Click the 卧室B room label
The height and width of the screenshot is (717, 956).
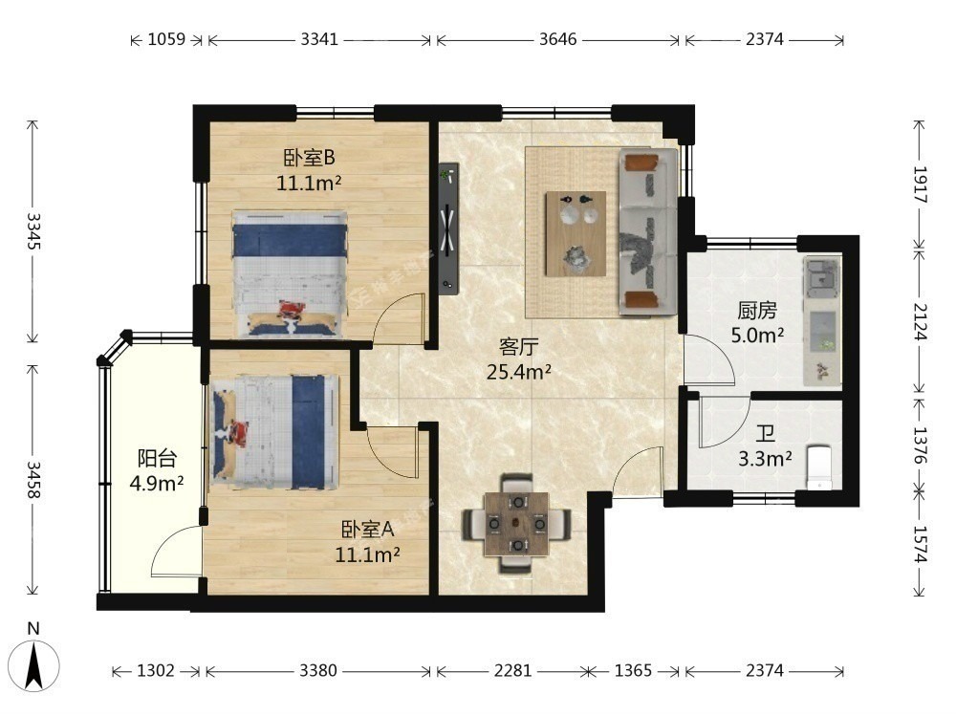309,159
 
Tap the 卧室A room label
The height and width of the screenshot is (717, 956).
367,530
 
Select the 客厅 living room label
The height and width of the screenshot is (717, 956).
518,347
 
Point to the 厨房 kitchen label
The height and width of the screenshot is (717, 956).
757,311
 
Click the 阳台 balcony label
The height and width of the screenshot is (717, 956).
157,457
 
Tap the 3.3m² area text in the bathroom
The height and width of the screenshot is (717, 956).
765,459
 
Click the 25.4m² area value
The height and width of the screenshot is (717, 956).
519,371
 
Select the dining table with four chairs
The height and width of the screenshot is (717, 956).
516,524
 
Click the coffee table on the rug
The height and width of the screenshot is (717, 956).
576,234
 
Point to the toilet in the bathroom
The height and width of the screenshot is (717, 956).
819,468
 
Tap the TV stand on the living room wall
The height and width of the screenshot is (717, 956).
448,228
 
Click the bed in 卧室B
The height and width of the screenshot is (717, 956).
289,273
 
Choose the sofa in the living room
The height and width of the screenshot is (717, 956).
647,231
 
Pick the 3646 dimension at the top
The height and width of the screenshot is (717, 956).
558,39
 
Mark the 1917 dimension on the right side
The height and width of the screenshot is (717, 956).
920,185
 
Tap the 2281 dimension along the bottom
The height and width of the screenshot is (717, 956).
512,671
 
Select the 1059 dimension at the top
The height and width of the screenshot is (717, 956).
166,39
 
